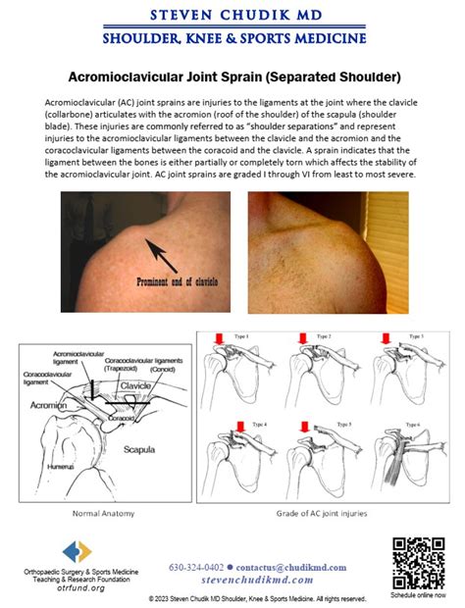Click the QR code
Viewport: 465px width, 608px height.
point(412,561)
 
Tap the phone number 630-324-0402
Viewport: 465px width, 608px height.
point(195,568)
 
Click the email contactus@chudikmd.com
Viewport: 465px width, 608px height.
point(284,568)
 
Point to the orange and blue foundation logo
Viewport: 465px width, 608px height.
point(77,551)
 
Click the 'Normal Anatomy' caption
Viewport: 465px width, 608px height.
point(102,512)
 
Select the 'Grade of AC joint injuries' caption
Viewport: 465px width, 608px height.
point(323,512)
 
